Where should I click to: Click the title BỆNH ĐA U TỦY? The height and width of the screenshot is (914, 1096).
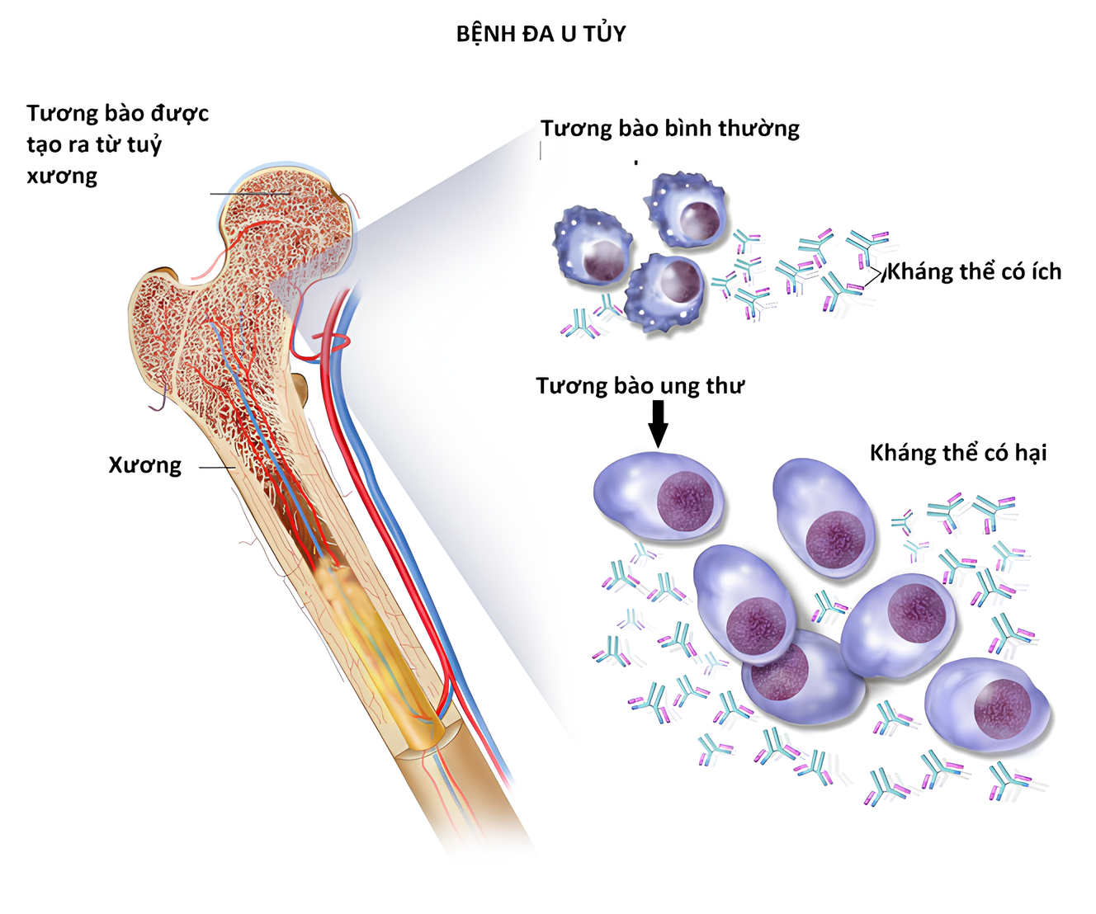coord(541,34)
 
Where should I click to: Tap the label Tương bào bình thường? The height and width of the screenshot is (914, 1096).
coord(670,129)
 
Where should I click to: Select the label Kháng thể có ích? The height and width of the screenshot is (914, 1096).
coord(974,271)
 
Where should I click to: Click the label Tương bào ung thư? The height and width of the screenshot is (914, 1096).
coord(640,386)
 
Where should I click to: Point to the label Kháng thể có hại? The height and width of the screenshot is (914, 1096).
coord(958,453)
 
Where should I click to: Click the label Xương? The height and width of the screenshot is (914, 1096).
coord(145,465)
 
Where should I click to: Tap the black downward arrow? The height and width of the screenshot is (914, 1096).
coord(658,422)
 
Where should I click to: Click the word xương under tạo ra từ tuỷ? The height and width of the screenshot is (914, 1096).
coord(62,176)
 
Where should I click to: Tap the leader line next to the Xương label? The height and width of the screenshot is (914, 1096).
coord(217,468)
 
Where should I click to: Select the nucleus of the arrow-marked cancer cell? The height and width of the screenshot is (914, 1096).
coord(685,501)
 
